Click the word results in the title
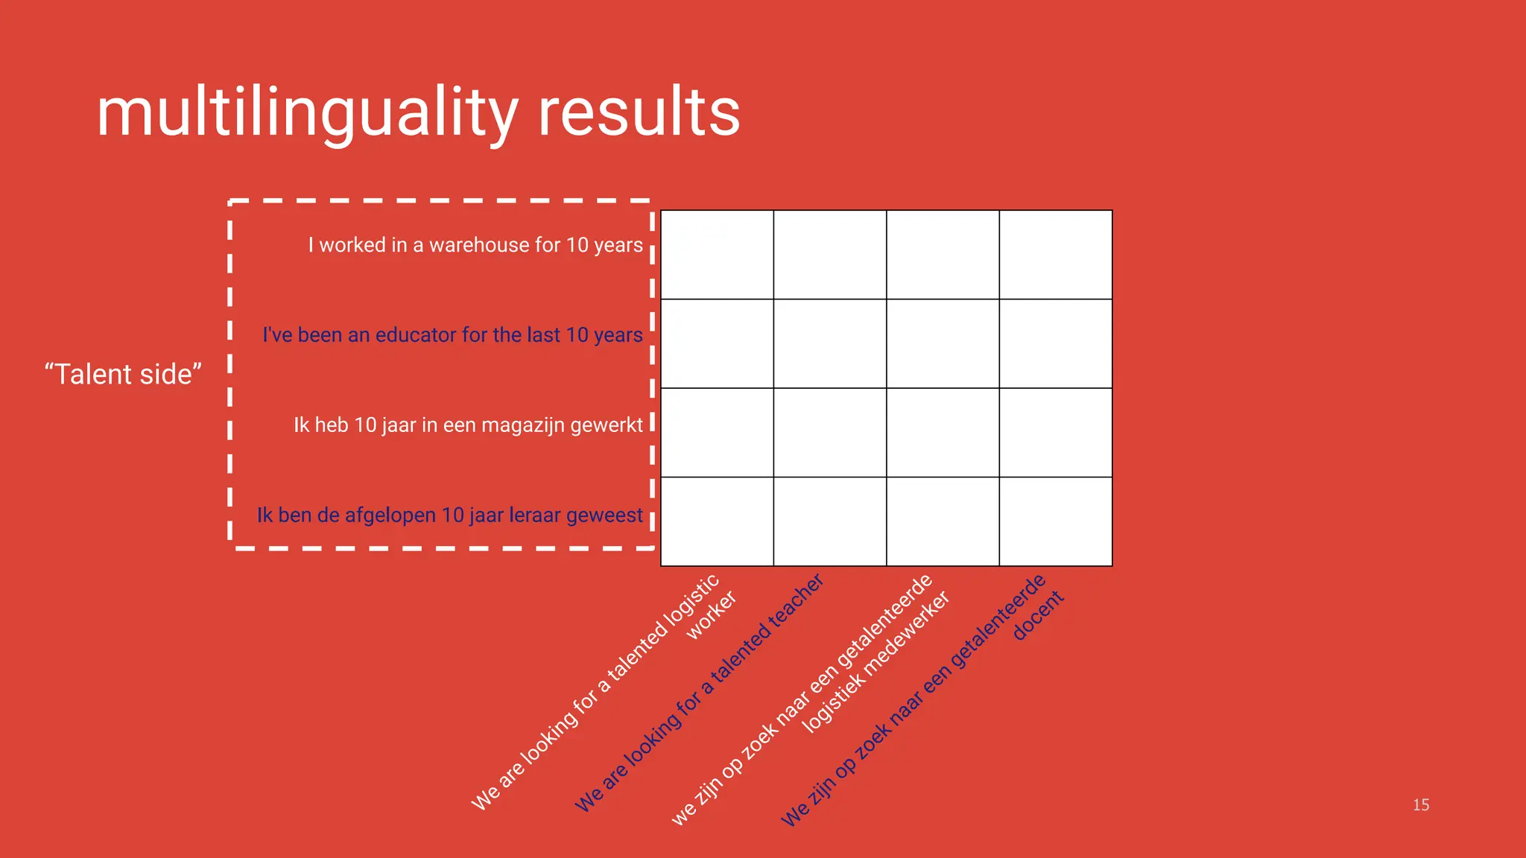pyautogui.click(x=639, y=113)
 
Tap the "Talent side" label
pyautogui.click(x=123, y=374)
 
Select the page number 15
pyautogui.click(x=1421, y=805)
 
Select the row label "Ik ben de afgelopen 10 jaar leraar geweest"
pyautogui.click(x=449, y=515)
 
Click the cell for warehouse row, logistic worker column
pyautogui.click(x=717, y=255)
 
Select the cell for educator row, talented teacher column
pyautogui.click(x=830, y=343)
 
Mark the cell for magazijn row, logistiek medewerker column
pyautogui.click(x=943, y=433)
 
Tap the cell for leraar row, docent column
pyautogui.click(x=1056, y=521)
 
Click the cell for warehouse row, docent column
pyautogui.click(x=1056, y=255)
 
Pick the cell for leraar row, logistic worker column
pyautogui.click(x=717, y=521)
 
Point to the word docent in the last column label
pyautogui.click(x=1039, y=615)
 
